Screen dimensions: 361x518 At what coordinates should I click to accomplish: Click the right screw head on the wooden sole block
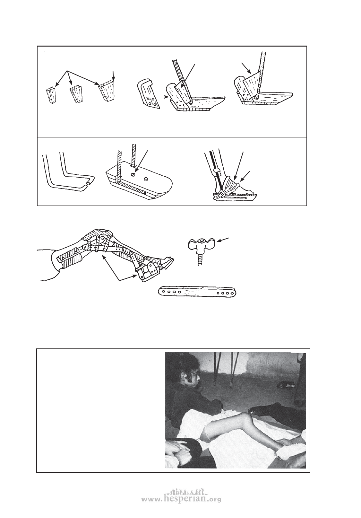coord(146,179)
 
